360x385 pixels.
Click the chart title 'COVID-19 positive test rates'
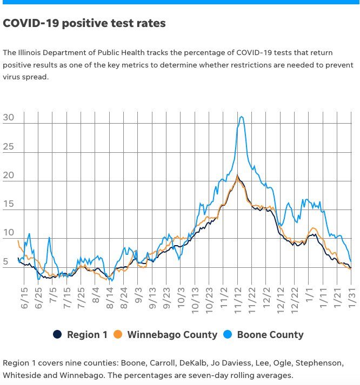(x=84, y=24)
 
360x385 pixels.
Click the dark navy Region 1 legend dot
(x=57, y=335)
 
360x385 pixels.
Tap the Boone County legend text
(x=270, y=335)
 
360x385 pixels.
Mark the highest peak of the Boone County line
(x=242, y=117)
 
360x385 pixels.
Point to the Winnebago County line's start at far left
(x=18, y=241)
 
